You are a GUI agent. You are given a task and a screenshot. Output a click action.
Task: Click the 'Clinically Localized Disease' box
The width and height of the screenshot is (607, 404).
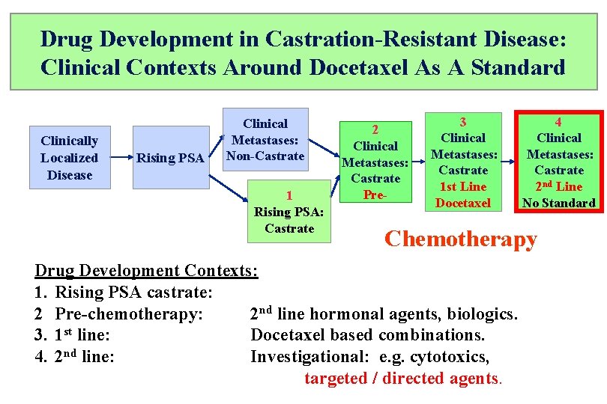70,158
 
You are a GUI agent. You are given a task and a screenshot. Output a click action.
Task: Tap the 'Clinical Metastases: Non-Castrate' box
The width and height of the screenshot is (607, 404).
266,140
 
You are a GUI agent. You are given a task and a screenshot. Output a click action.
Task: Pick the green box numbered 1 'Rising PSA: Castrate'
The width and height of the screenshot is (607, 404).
289,212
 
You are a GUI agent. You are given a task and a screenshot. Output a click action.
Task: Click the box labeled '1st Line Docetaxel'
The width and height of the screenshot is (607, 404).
463,162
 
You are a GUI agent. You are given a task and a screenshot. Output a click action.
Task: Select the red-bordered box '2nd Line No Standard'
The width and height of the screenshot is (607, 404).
558,162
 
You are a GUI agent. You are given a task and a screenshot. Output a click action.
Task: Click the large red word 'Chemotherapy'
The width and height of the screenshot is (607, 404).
460,239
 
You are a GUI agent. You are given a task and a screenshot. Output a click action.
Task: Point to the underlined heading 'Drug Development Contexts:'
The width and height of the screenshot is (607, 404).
147,271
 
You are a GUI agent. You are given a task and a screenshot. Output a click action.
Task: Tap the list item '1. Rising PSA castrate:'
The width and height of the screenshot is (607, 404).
124,292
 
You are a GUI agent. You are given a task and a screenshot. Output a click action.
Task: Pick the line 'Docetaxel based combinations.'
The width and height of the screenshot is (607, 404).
367,334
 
